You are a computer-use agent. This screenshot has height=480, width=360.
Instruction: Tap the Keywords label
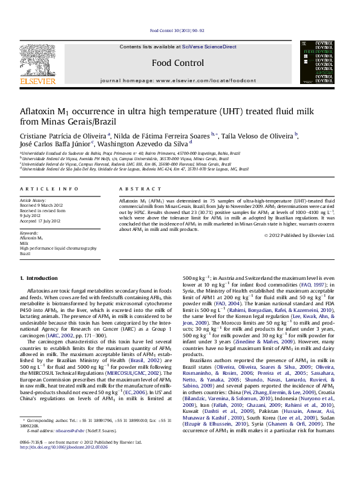(x=29, y=233)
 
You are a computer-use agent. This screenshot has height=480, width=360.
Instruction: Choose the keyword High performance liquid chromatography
(x=58, y=248)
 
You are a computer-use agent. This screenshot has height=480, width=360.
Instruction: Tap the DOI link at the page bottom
(x=64, y=465)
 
